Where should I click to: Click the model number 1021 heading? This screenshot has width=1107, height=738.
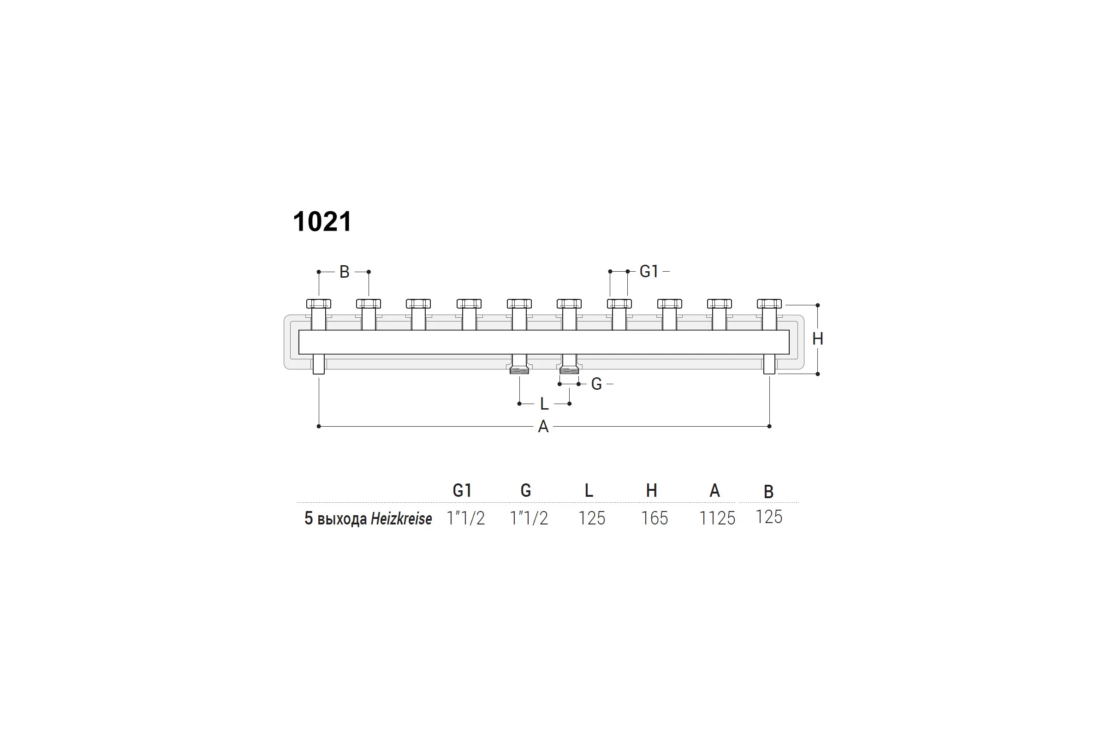(322, 221)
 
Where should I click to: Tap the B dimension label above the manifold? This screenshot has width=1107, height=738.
(344, 272)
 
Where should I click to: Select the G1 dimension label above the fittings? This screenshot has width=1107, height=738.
(649, 271)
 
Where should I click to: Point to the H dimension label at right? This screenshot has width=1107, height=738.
(817, 339)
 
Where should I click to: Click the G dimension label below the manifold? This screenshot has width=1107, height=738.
(596, 384)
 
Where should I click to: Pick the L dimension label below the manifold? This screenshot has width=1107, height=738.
(544, 404)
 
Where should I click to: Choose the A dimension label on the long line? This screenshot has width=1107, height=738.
(543, 426)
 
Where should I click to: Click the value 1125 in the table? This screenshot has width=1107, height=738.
(717, 518)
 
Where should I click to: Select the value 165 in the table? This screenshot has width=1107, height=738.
(654, 518)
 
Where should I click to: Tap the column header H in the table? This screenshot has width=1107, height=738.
(651, 490)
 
